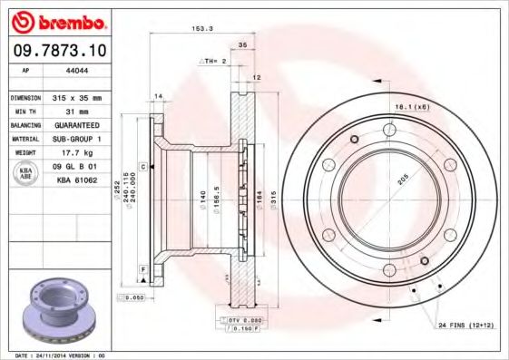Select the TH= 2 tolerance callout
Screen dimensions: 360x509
(211, 61)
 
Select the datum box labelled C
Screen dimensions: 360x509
(143, 167)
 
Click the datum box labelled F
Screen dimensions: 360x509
(143, 269)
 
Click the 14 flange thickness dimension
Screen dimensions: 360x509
(158, 96)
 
